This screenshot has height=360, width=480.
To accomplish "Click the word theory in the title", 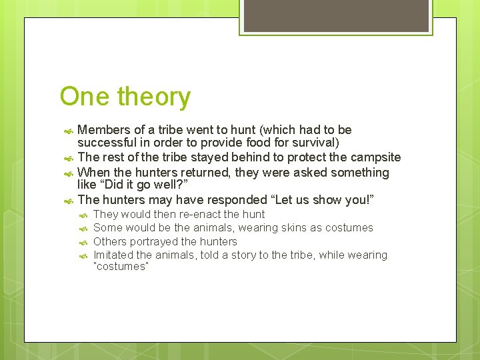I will [154, 97].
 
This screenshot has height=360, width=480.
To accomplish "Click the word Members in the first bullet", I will [103, 129].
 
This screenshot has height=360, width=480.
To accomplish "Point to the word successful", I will [106, 143].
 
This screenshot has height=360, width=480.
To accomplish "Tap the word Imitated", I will [115, 255].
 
